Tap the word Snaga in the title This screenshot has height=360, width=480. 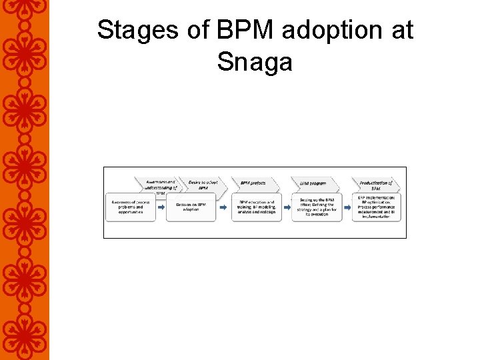pos(255,62)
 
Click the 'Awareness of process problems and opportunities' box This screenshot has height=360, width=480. pos(131,207)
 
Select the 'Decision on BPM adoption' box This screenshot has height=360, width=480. pos(191,207)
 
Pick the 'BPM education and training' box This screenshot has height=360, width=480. pos(257,207)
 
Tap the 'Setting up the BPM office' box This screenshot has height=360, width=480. pos(317,207)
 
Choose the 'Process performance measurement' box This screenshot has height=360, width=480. pos(377,207)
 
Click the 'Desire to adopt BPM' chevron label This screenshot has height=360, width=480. pos(203,185)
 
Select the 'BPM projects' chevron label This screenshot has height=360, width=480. pos(253,183)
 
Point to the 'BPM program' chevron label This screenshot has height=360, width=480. pos(313,183)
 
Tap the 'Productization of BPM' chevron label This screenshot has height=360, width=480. pos(375,185)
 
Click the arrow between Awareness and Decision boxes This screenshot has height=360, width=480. pos(161,207)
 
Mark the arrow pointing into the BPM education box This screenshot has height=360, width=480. pos(225,207)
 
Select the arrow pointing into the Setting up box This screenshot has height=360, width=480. pos(287,207)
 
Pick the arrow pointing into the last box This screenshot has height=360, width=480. pos(347,207)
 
